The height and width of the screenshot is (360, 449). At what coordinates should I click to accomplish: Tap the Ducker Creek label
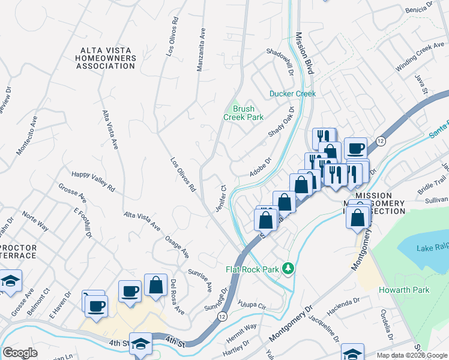[292, 94]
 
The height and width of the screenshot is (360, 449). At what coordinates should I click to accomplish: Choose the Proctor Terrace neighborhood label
[17, 251]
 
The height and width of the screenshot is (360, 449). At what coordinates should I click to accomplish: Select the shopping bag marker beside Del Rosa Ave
[155, 286]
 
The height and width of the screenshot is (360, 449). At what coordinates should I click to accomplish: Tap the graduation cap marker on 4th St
[140, 344]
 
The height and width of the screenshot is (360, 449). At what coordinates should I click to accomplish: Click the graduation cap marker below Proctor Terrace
[10, 282]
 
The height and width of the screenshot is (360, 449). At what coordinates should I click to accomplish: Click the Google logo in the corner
[20, 353]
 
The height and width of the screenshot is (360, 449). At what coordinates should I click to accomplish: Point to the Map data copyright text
[412, 355]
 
